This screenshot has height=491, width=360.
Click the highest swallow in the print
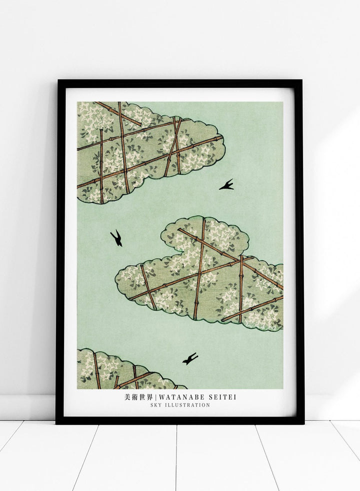(226, 185)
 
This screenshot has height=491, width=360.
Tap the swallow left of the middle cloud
(116, 238)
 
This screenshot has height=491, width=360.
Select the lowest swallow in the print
(190, 358)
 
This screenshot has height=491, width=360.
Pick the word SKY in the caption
(155, 405)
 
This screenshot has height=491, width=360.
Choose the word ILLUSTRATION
(187, 405)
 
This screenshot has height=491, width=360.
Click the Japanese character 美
(127, 397)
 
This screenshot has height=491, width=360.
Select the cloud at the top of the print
(145, 150)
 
